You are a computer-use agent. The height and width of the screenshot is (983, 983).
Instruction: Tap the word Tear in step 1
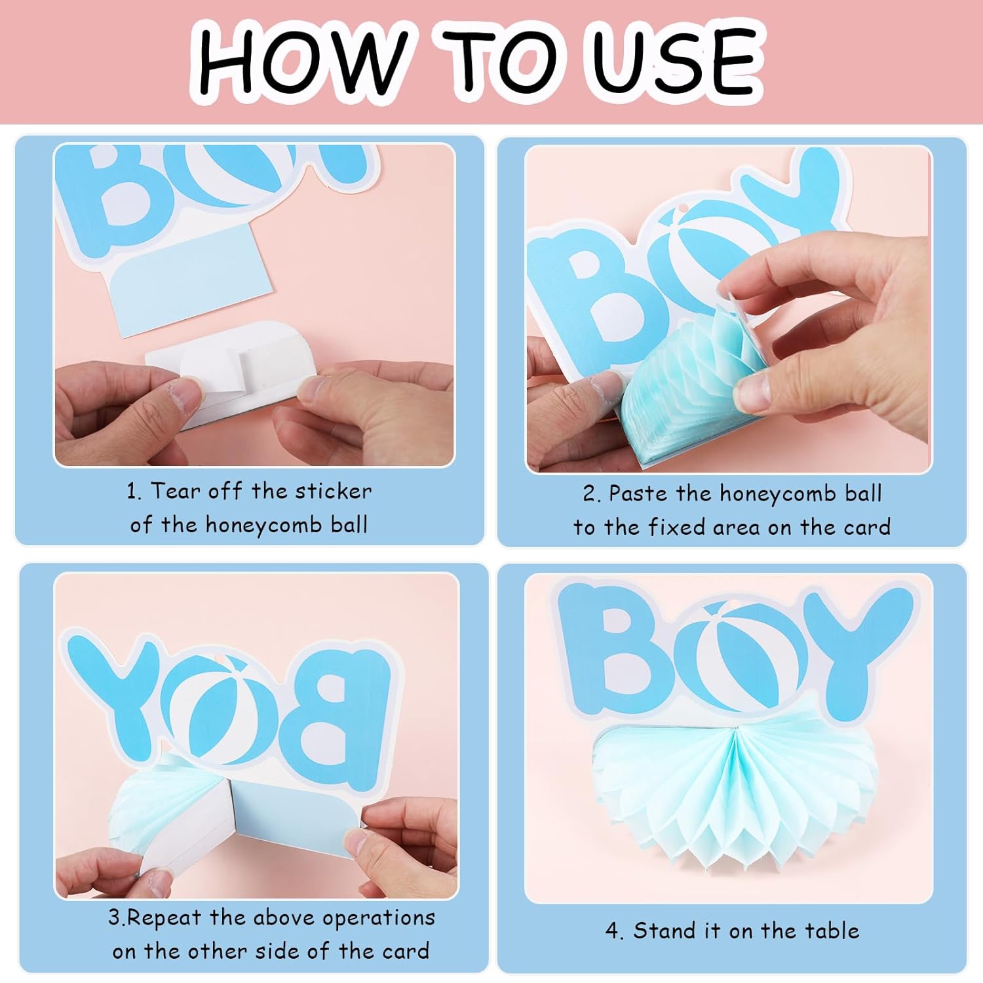tap(176, 491)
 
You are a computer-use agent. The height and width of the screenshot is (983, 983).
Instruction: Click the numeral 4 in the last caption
tap(612, 931)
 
